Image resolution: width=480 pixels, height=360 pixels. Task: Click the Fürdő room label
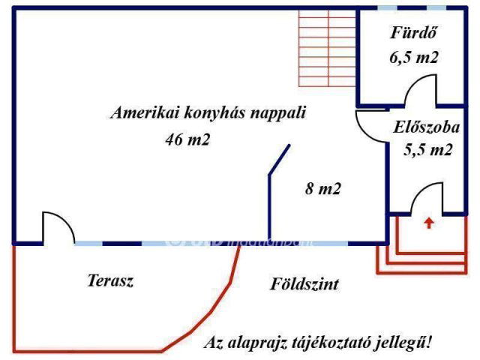[414, 33]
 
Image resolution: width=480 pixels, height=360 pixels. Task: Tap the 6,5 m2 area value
[413, 57]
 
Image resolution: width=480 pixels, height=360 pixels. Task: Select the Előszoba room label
[426, 127]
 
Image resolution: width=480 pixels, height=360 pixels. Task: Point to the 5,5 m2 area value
[428, 149]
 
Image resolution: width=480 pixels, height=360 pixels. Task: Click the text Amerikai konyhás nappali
[208, 113]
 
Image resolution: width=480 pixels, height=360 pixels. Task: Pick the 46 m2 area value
[187, 139]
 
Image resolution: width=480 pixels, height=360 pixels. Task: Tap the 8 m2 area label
[323, 189]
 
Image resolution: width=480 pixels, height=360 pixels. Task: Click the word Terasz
[110, 281]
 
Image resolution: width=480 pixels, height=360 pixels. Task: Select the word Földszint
[304, 284]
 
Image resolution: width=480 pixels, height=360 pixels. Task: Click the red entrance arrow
[428, 222]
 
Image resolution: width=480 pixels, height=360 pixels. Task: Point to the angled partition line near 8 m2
[279, 162]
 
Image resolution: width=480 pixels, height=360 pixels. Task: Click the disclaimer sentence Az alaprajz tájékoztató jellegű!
[318, 343]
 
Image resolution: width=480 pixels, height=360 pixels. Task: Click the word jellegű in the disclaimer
[404, 343]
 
